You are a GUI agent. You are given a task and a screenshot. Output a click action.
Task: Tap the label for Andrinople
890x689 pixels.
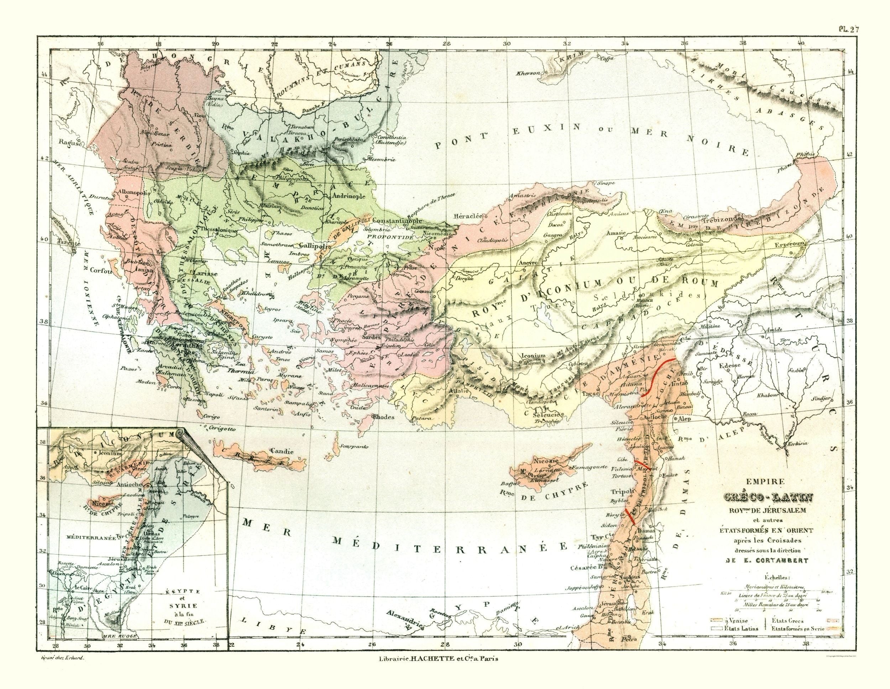coord(350,196)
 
